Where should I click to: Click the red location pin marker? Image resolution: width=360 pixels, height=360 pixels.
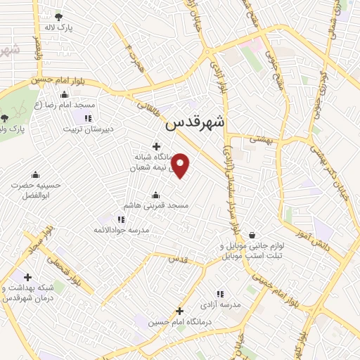[181, 165]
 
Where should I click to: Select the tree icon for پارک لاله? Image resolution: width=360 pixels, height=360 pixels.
[58, 17]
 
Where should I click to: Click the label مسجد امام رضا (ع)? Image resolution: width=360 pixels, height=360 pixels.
[67, 105]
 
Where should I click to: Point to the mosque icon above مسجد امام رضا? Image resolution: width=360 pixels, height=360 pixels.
[65, 95]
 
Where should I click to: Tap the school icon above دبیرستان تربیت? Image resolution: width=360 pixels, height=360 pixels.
[88, 119]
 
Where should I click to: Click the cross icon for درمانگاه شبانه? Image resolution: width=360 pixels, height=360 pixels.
[155, 146]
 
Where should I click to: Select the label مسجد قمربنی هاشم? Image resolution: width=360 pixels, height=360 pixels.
[157, 205]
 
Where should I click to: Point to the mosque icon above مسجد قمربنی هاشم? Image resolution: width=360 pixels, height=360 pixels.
[155, 195]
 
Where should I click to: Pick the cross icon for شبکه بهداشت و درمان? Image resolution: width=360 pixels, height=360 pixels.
[28, 278]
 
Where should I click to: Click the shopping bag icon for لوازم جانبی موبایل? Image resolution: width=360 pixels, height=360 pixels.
[251, 235]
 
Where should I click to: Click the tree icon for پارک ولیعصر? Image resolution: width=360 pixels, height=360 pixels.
[5, 118]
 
